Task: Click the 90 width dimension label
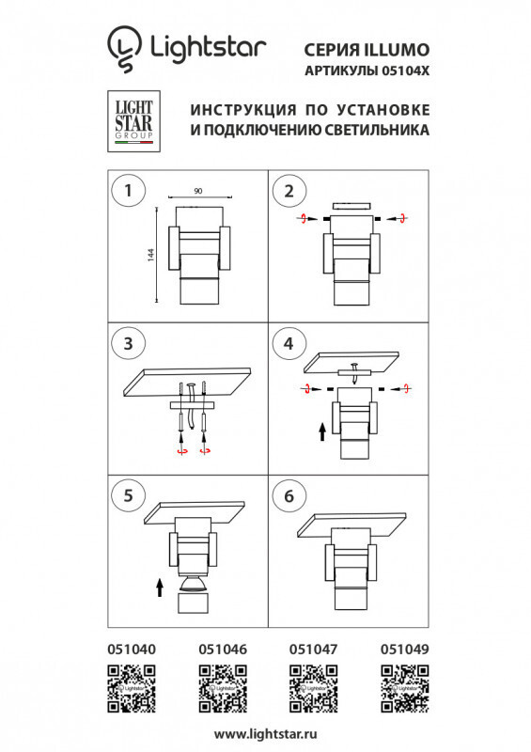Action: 197,191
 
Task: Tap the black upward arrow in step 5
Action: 159,587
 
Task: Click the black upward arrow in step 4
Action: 321,431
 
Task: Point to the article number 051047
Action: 311,649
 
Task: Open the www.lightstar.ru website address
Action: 265,733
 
